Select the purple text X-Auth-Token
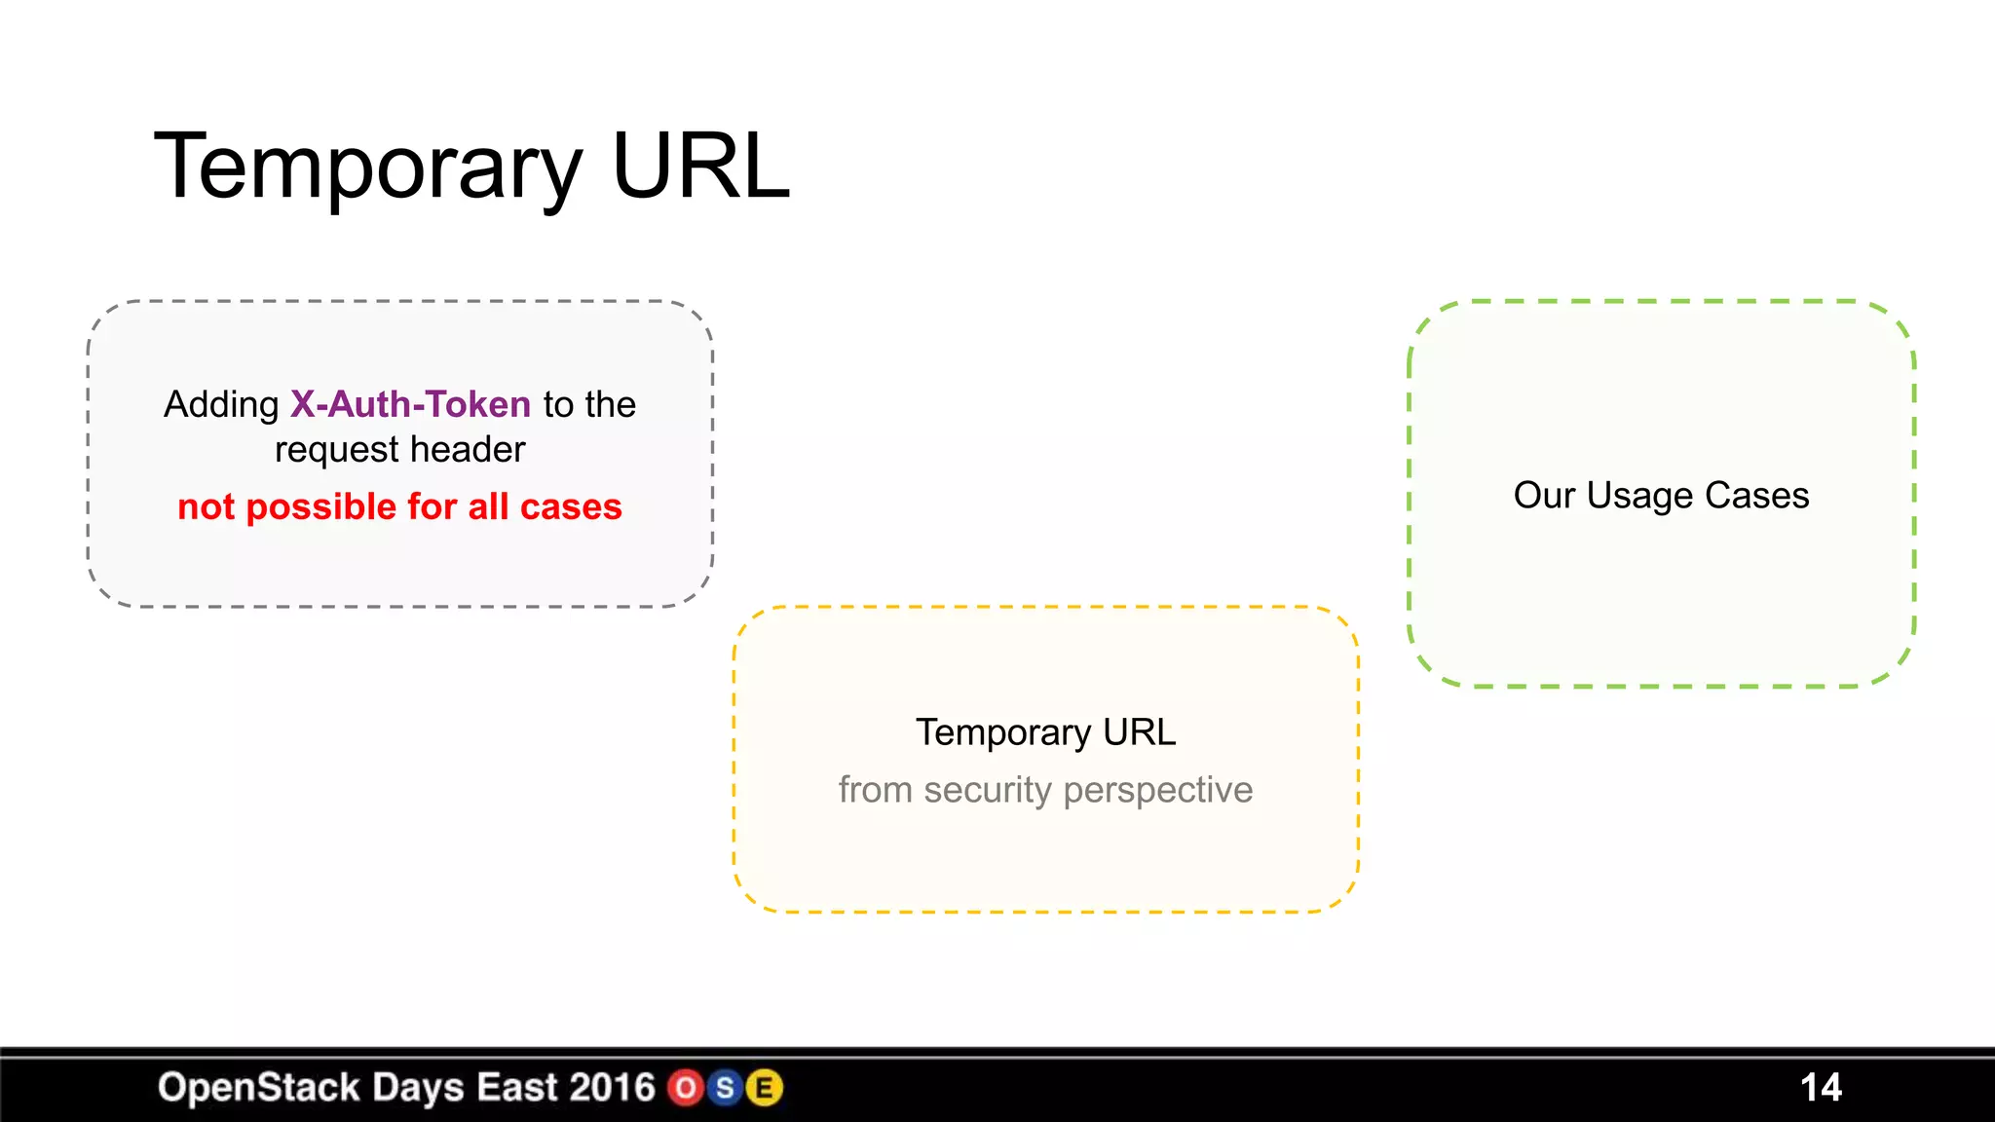click(410, 404)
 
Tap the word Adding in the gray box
click(221, 404)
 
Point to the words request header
click(399, 450)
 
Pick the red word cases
click(571, 507)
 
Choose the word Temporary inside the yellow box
click(1003, 732)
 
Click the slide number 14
click(1821, 1087)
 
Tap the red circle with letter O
click(686, 1088)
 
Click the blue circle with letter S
click(725, 1088)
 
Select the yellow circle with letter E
click(765, 1088)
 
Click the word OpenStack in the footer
click(259, 1088)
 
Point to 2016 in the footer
click(612, 1088)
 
